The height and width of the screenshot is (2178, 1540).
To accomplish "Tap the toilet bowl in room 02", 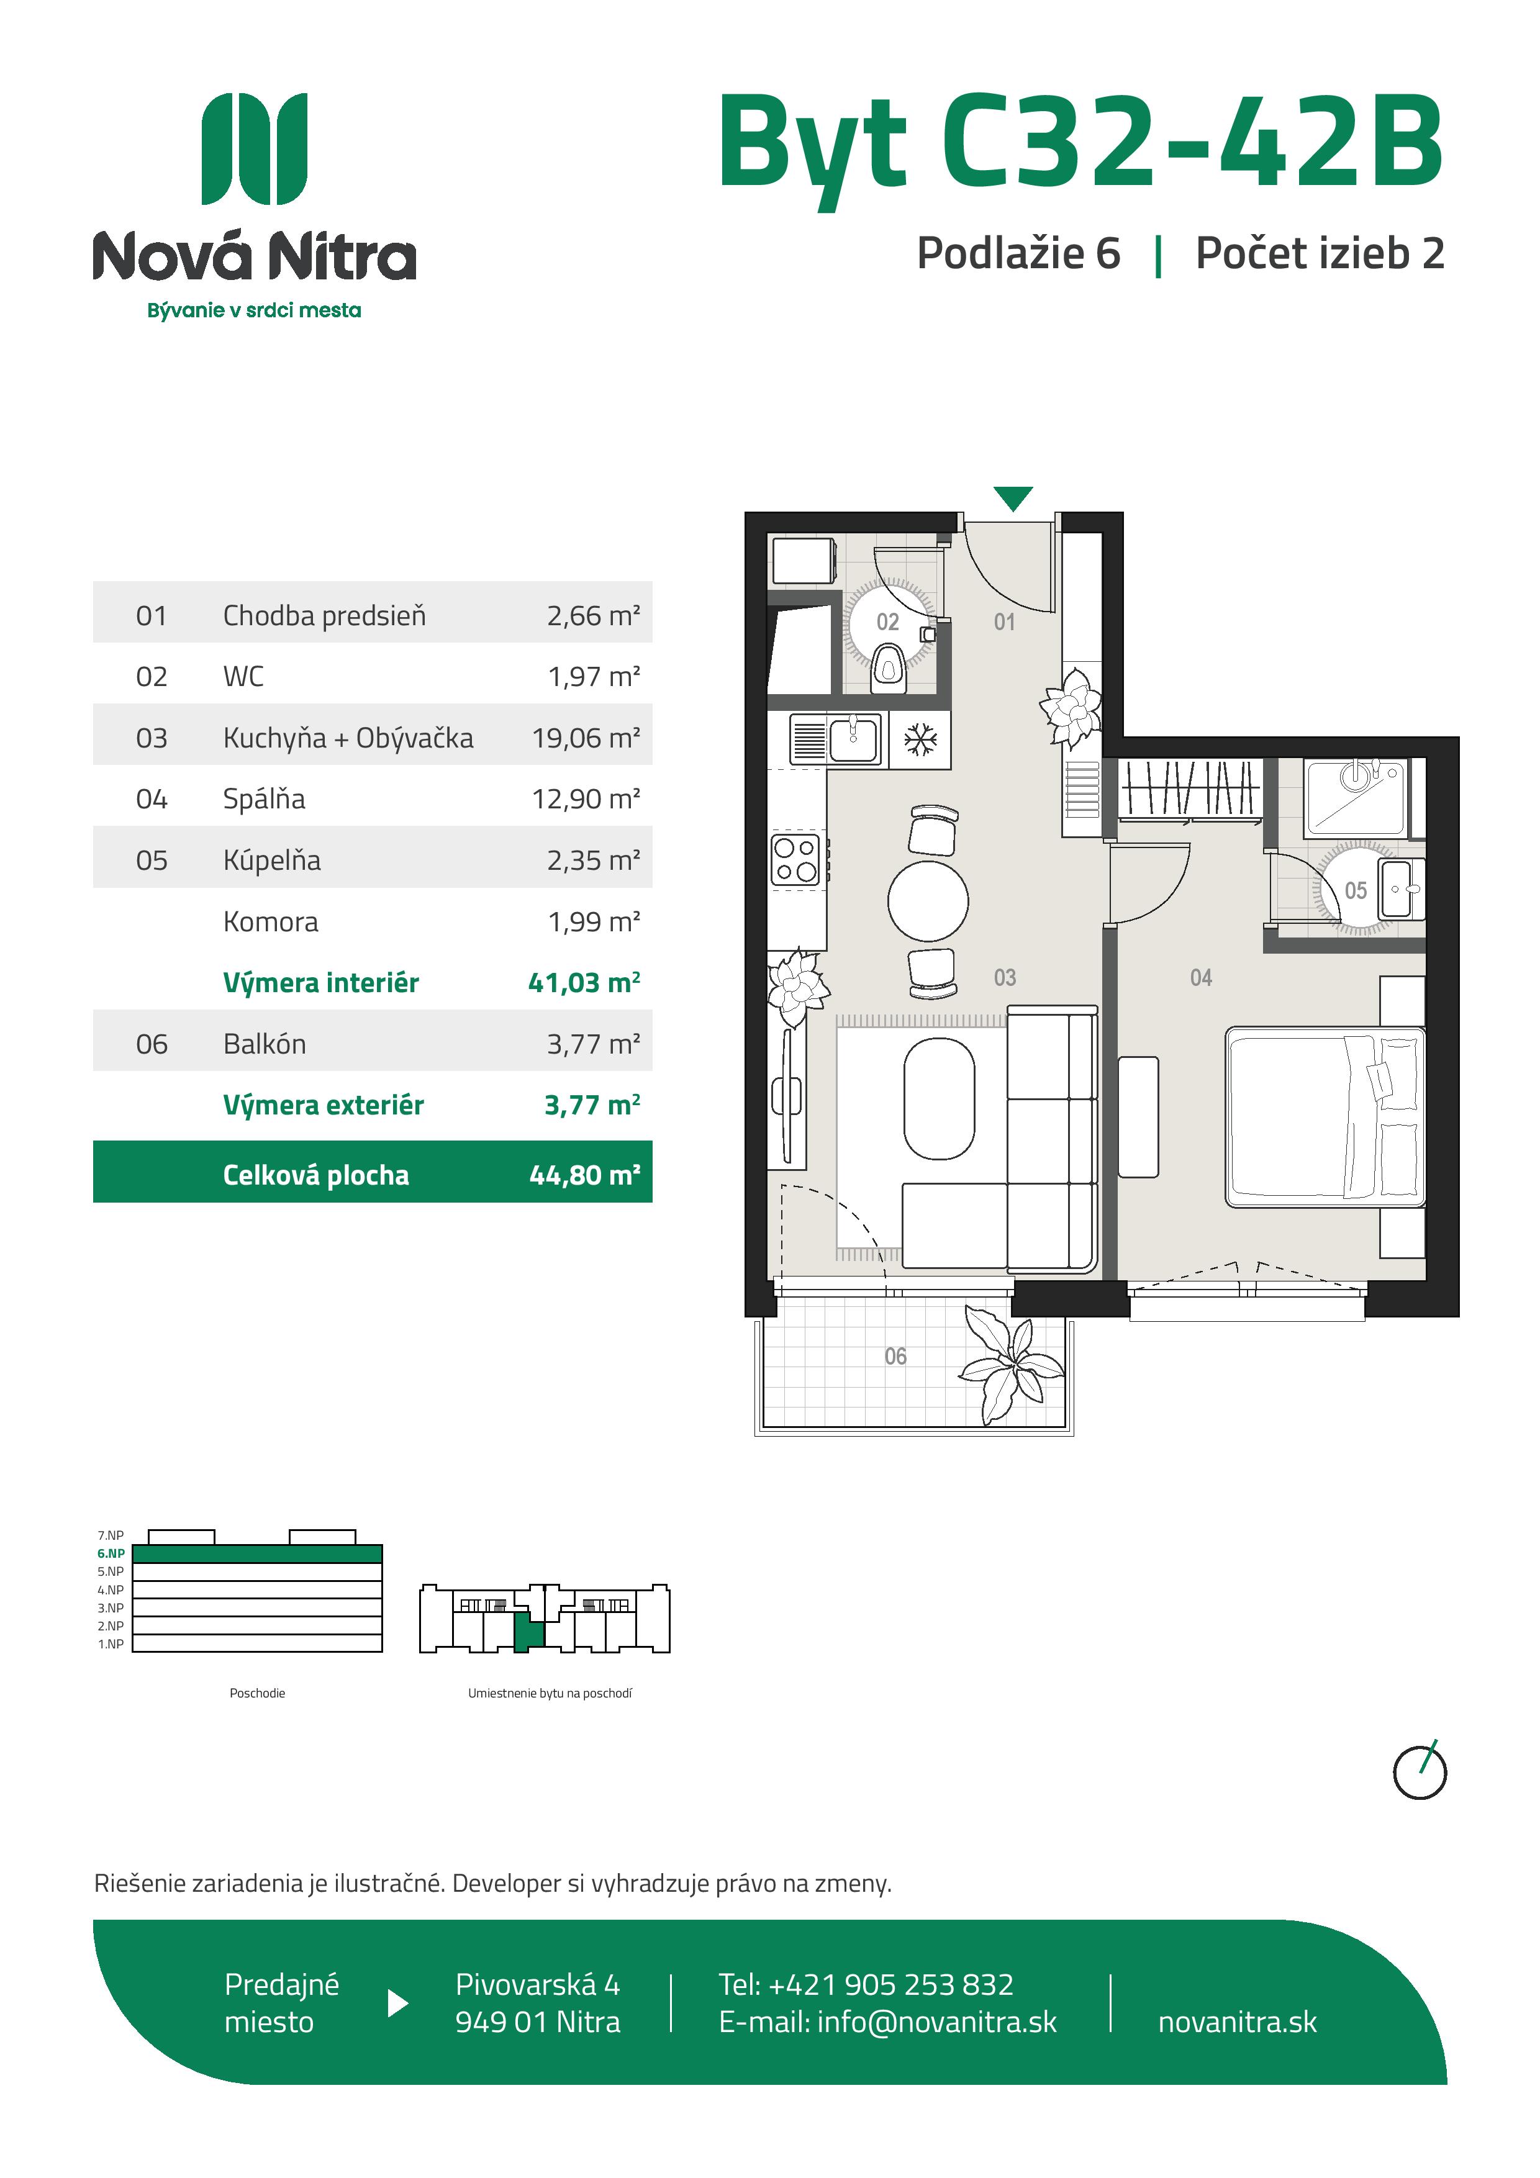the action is tap(887, 665).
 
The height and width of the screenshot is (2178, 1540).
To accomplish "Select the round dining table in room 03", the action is tap(928, 901).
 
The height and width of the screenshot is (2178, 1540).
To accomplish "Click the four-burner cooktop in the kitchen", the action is tap(795, 859).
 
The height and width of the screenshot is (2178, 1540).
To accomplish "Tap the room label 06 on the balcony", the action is tap(895, 1357).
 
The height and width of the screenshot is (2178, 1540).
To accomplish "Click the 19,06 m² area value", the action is tap(586, 738).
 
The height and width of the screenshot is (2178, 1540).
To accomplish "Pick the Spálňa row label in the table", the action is tap(264, 798).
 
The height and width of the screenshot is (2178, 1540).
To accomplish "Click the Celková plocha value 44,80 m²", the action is tap(584, 1175).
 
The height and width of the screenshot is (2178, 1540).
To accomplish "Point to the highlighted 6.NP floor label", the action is tap(111, 1553).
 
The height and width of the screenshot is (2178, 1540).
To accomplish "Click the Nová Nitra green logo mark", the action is tap(255, 149).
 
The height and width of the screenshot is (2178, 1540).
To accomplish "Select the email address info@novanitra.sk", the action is tap(936, 2022).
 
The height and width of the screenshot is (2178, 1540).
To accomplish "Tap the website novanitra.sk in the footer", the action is tap(1238, 2022).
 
